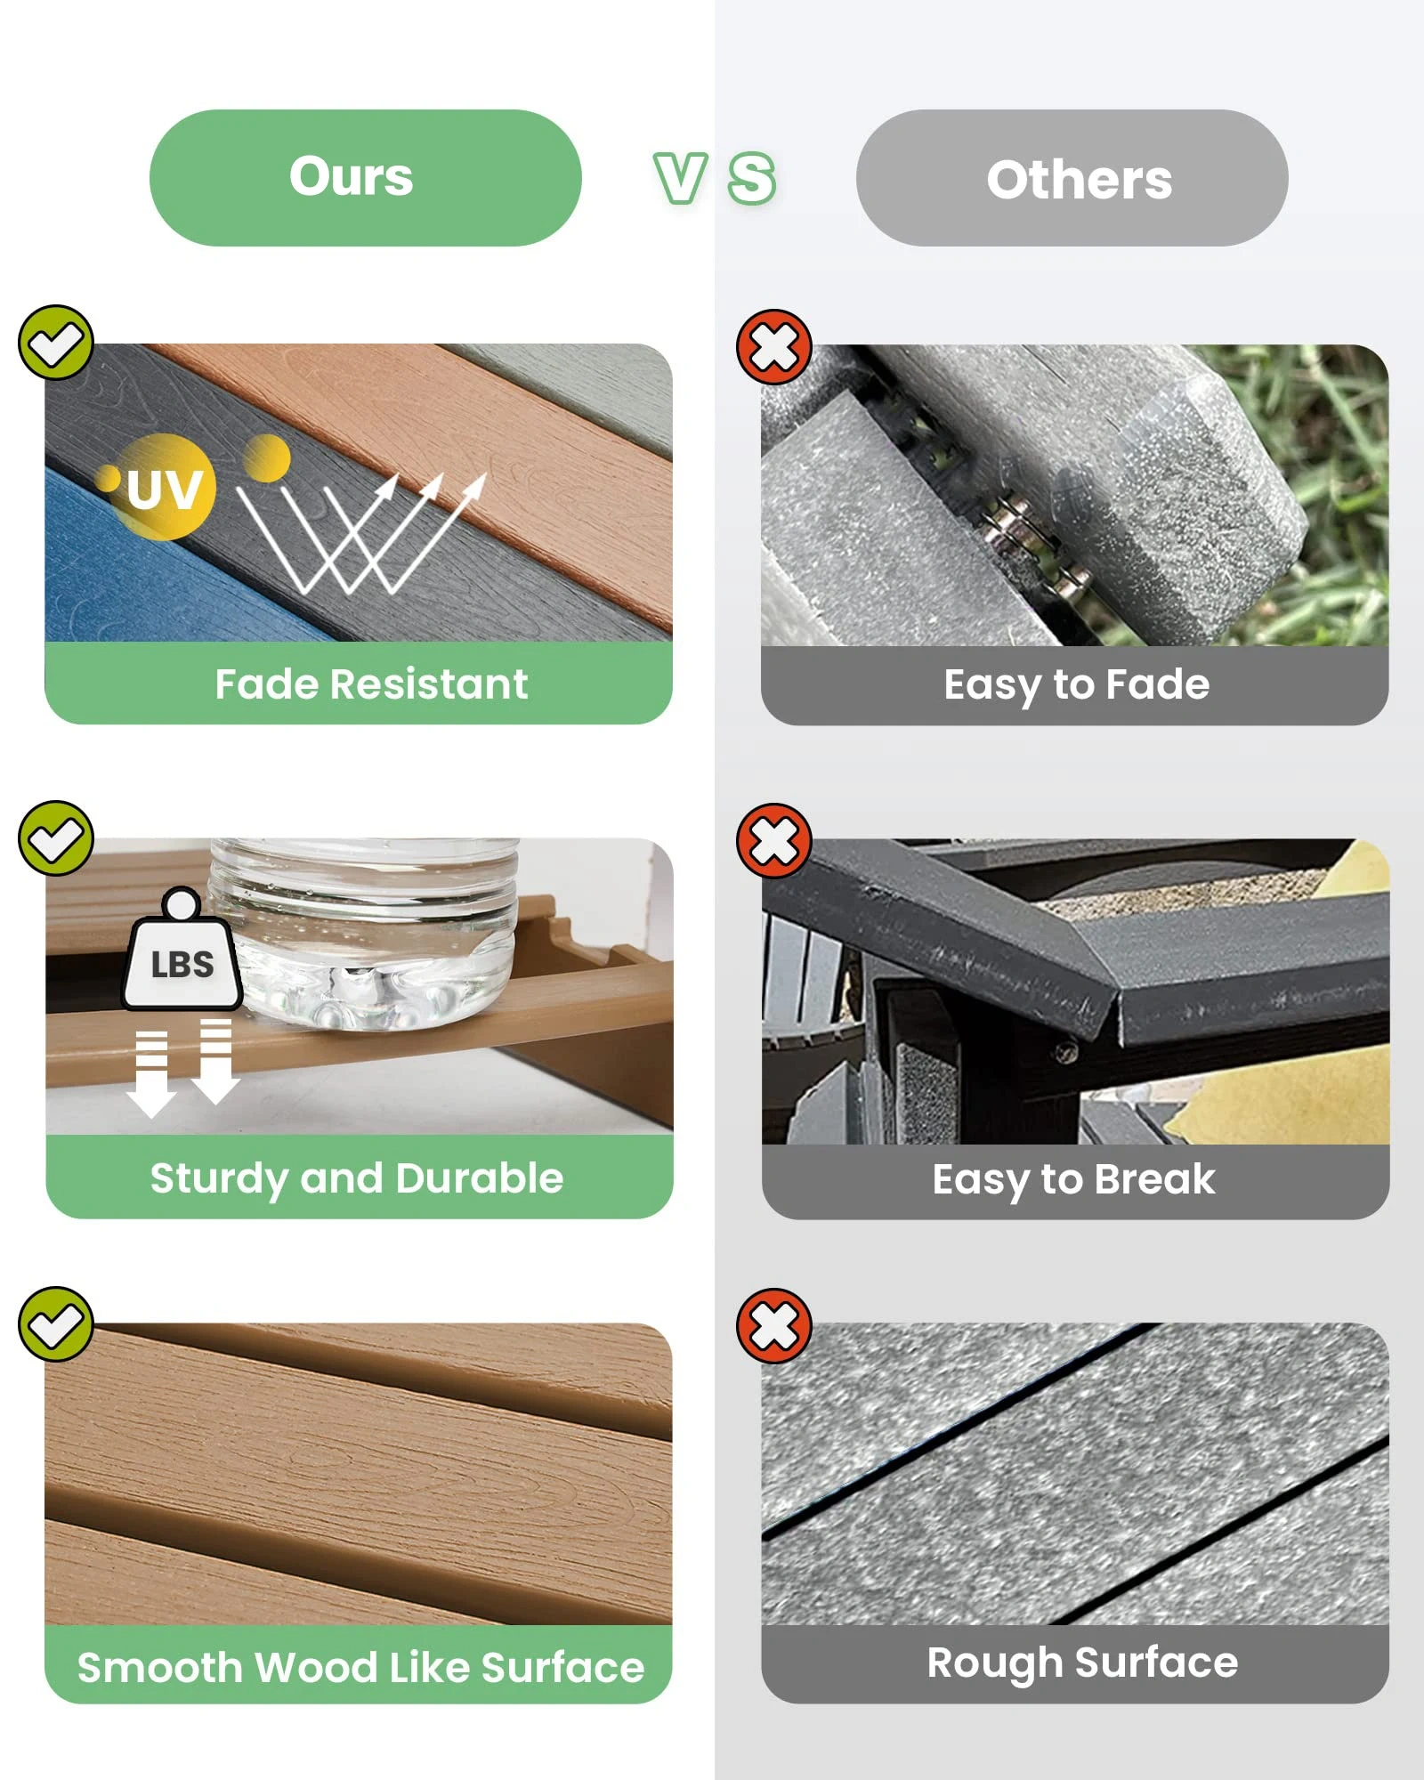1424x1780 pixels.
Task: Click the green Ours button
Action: pyautogui.click(x=365, y=178)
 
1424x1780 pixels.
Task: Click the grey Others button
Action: pyautogui.click(x=1072, y=178)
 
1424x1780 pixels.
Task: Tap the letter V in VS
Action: pyautogui.click(x=681, y=178)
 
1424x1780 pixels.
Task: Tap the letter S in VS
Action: pyautogui.click(x=752, y=178)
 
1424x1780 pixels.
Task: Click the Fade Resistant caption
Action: pyautogui.click(x=371, y=684)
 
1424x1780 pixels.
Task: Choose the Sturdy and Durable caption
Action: pyautogui.click(x=357, y=1179)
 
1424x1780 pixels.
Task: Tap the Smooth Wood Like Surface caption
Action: pyautogui.click(x=360, y=1667)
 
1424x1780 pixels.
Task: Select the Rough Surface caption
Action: pyautogui.click(x=1082, y=1663)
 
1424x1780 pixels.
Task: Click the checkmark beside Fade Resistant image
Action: pyautogui.click(x=56, y=343)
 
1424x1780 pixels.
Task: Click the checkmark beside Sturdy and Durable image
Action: pyautogui.click(x=56, y=837)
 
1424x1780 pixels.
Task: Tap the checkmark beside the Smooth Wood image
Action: pyautogui.click(x=56, y=1323)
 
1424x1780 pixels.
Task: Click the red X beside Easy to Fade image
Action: pyautogui.click(x=773, y=347)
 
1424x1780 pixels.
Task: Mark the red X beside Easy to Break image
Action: pyautogui.click(x=773, y=841)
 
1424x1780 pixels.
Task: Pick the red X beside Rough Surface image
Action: pyautogui.click(x=773, y=1326)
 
